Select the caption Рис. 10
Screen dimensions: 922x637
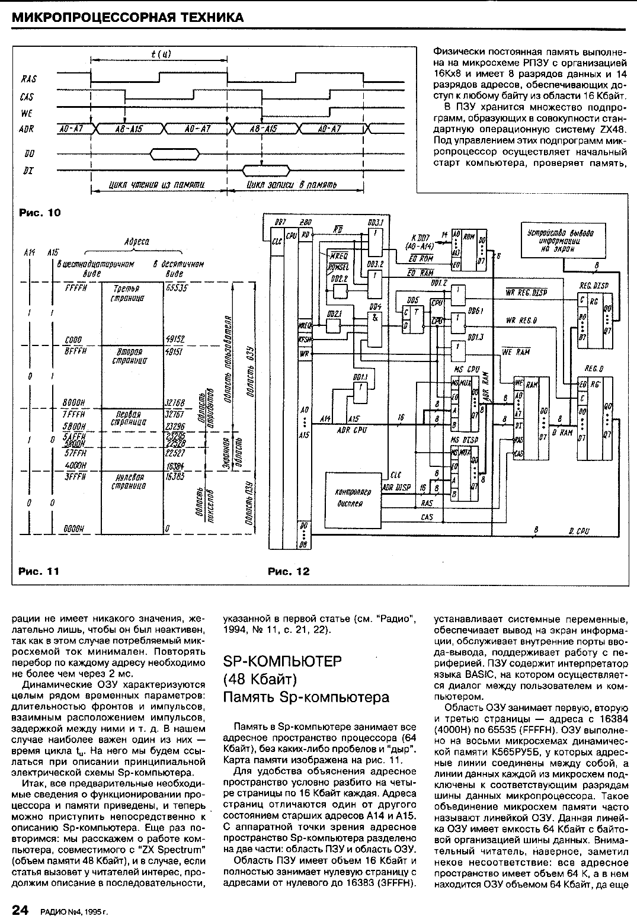coord(40,212)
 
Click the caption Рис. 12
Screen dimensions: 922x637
coord(289,571)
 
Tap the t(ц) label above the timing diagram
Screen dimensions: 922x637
coord(159,55)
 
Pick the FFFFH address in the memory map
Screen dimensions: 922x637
coord(76,287)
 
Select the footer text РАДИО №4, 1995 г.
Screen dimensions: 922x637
coord(75,911)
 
